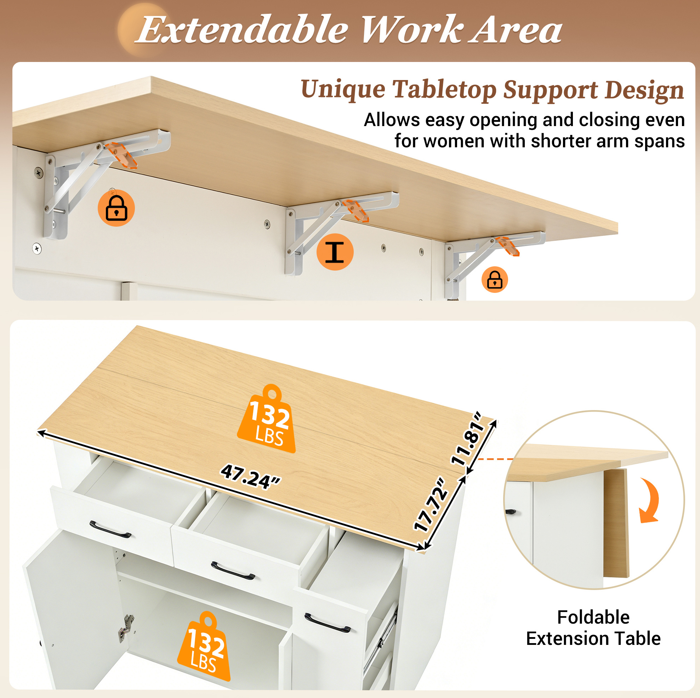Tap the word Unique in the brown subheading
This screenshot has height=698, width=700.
click(x=343, y=89)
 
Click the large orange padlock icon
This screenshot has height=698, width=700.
click(x=116, y=208)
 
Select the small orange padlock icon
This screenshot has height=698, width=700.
click(x=495, y=280)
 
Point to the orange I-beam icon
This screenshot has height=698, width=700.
click(x=335, y=252)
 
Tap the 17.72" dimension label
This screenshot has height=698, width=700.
click(x=431, y=505)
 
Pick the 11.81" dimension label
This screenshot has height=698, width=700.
click(x=467, y=438)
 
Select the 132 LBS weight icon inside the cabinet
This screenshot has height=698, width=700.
click(x=205, y=648)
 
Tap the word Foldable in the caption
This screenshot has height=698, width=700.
click(x=593, y=617)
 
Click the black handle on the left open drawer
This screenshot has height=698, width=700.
click(x=110, y=530)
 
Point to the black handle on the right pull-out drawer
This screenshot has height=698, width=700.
click(x=327, y=623)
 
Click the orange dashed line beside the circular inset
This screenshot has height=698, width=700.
click(x=495, y=459)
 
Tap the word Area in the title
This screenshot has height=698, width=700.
click(x=516, y=30)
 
